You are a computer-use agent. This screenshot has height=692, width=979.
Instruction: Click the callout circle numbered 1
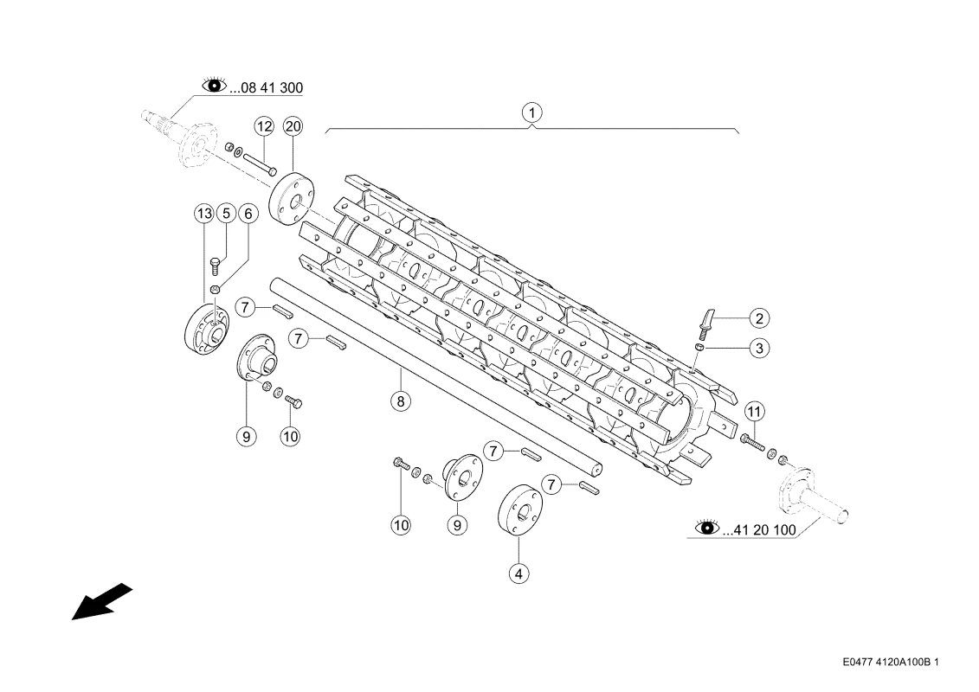(532, 113)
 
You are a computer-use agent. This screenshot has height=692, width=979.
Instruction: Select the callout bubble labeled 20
(293, 126)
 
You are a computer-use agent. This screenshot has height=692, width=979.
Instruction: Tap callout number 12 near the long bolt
(264, 126)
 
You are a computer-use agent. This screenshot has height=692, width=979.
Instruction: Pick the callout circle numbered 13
(204, 214)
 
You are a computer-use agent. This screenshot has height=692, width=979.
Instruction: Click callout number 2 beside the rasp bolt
(759, 318)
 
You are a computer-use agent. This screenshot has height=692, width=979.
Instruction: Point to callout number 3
(759, 348)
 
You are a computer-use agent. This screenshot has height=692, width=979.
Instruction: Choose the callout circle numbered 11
(755, 412)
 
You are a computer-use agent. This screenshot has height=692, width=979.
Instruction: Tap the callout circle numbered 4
(518, 573)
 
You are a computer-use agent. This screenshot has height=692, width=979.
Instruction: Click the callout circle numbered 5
(226, 214)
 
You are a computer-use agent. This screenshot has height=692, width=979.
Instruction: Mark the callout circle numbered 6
(248, 214)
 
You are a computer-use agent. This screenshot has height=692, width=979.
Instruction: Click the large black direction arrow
(102, 601)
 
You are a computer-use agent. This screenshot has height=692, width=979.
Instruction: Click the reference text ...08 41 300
(267, 88)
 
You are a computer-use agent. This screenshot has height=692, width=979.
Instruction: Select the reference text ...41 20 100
(759, 530)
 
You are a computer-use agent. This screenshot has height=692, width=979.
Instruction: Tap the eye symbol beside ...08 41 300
(214, 85)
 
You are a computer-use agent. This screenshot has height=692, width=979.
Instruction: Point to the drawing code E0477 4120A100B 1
(891, 662)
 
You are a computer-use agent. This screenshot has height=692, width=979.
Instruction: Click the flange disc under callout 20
(293, 196)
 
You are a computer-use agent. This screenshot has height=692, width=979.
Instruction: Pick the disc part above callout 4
(519, 509)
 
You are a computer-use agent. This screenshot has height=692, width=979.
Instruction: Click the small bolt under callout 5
(216, 266)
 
